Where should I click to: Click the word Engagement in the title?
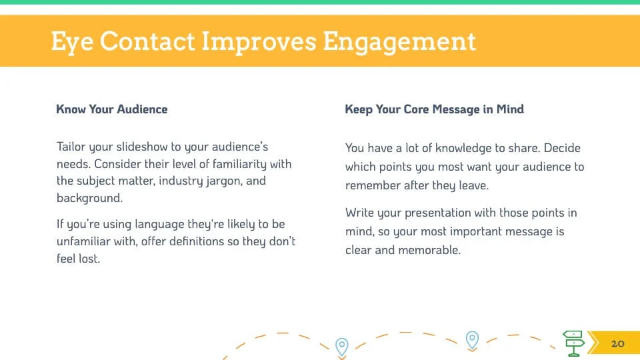tap(399, 42)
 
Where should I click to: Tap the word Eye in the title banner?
tap(72, 42)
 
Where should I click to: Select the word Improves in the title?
tap(259, 42)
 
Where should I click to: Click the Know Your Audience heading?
tap(112, 109)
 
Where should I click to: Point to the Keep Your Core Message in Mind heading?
tap(434, 109)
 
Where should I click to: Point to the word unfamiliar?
tap(84, 241)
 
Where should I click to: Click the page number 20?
tap(617, 344)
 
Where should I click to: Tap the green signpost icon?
tap(573, 343)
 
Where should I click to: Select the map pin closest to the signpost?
tap(472, 341)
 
